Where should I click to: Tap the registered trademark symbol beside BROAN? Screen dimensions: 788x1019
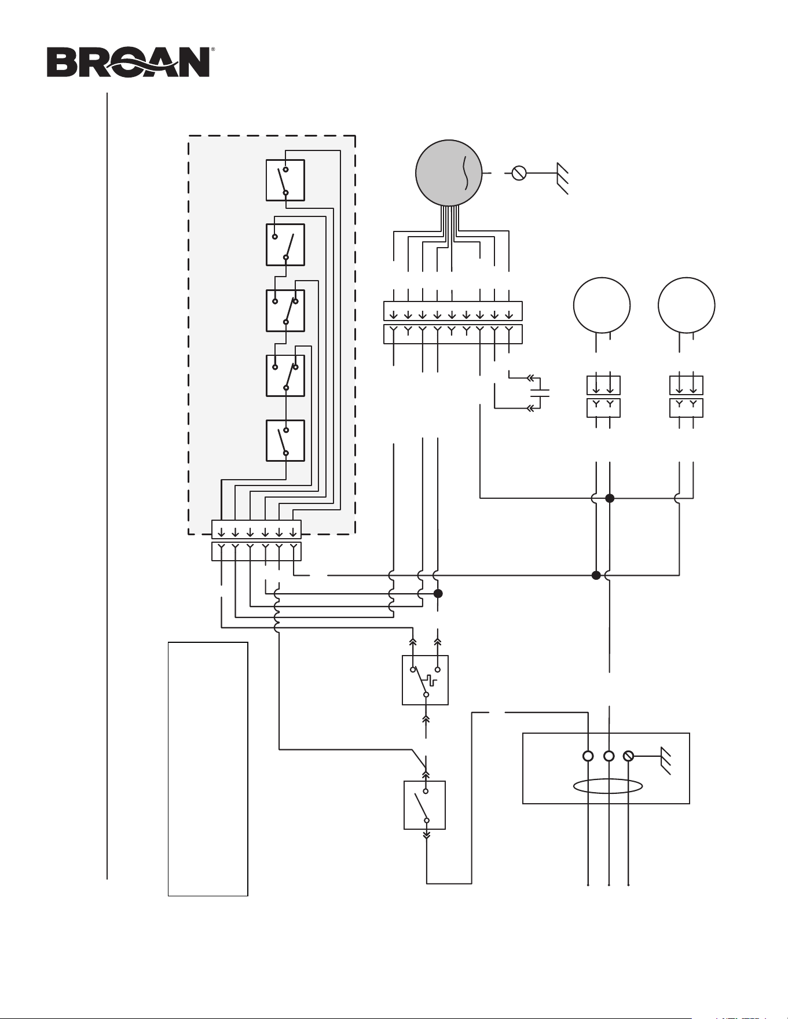pyautogui.click(x=212, y=50)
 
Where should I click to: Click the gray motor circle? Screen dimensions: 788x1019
pyautogui.click(x=449, y=172)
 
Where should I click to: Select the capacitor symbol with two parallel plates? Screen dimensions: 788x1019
pyautogui.click(x=540, y=393)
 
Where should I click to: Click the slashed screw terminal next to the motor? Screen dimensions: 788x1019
pyautogui.click(x=519, y=172)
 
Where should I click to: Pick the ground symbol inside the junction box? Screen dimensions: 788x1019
pyautogui.click(x=665, y=762)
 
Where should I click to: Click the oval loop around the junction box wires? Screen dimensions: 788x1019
pyautogui.click(x=607, y=786)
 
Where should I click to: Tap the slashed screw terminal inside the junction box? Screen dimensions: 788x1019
pyautogui.click(x=628, y=756)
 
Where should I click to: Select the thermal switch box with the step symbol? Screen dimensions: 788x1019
pyautogui.click(x=425, y=680)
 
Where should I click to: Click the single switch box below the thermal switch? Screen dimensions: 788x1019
pyautogui.click(x=424, y=805)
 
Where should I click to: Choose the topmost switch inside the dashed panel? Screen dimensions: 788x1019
pyautogui.click(x=285, y=180)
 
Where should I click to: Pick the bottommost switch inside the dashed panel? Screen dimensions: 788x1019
pyautogui.click(x=285, y=440)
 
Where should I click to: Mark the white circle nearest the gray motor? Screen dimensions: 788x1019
pyautogui.click(x=602, y=306)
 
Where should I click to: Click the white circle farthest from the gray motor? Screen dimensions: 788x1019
pyautogui.click(x=687, y=306)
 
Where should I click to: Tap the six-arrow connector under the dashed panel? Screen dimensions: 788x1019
pyautogui.click(x=256, y=540)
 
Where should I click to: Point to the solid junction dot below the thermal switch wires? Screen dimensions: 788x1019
pyautogui.click(x=438, y=593)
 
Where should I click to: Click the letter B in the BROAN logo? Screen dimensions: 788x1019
pyautogui.click(x=60, y=62)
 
